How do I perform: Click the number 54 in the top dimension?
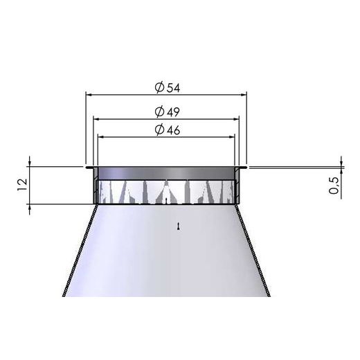click(x=170, y=88)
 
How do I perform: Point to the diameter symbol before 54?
click(x=158, y=88)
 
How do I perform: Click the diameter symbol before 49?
click(x=158, y=112)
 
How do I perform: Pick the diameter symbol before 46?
click(x=158, y=131)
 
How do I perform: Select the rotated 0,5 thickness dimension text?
click(x=334, y=186)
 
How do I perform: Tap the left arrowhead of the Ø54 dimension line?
click(x=87, y=95)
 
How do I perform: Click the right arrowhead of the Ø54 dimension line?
click(x=246, y=95)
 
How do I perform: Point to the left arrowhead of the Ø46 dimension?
click(x=99, y=136)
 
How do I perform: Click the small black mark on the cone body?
click(x=179, y=226)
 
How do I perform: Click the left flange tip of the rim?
click(x=87, y=167)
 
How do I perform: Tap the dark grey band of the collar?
click(x=166, y=172)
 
